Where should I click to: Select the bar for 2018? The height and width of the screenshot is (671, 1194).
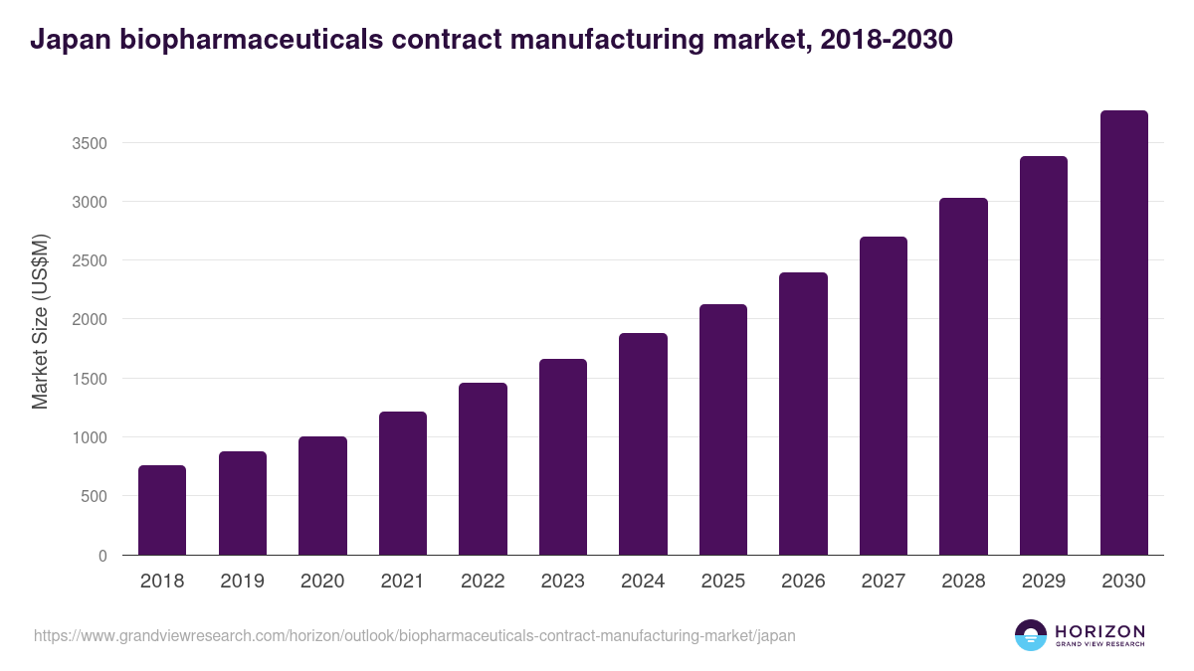coord(162,510)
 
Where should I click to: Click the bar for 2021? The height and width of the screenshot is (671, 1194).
coord(403,483)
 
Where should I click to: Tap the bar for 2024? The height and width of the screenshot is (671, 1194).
coord(643,444)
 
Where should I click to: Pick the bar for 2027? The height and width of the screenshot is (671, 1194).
coord(884,396)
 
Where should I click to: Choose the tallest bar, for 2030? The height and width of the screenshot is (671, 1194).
coord(1123,333)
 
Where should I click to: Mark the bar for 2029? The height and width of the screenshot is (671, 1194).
coord(1044,356)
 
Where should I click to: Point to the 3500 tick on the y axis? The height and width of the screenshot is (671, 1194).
coord(90,143)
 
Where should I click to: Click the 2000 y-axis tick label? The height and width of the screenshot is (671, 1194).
coord(90,319)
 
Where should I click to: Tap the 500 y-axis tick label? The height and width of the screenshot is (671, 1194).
coord(94,496)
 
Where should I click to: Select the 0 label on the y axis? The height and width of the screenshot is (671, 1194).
coord(102,556)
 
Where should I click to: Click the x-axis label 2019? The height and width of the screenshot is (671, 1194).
coord(242,582)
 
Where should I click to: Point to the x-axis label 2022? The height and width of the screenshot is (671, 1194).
coord(483,582)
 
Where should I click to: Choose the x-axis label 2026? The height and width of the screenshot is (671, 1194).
coord(803,582)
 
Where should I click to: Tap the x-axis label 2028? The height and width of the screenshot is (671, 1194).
coord(963,582)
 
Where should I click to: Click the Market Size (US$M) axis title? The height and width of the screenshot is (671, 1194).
coord(41,321)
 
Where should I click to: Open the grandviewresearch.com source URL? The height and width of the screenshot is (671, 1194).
coord(414,635)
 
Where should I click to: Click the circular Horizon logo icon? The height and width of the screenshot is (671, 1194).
coord(1031,635)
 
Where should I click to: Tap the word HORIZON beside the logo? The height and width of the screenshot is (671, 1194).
coord(1099,630)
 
